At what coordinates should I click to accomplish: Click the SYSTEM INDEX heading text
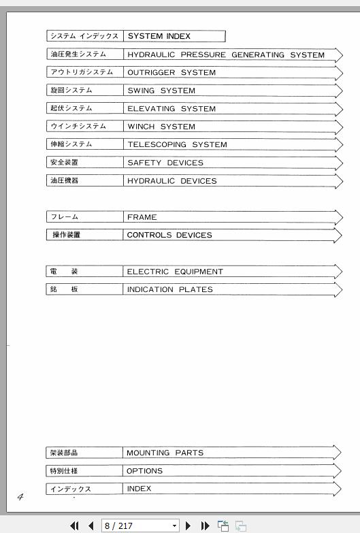tap(159, 36)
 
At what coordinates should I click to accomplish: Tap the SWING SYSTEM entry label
tap(161, 91)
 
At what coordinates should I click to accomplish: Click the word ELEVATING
tap(151, 108)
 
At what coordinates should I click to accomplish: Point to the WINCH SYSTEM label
tap(161, 127)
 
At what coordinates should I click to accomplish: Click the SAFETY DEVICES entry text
tap(165, 163)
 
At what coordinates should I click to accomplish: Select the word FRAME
tap(142, 217)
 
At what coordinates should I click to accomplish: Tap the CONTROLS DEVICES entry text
tap(169, 235)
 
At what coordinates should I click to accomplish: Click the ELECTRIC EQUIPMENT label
tap(175, 272)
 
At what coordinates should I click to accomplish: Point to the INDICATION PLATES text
tap(169, 289)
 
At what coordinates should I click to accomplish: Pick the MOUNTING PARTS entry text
tap(165, 453)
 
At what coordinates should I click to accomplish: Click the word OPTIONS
tap(144, 470)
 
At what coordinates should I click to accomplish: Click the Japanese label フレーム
tap(64, 217)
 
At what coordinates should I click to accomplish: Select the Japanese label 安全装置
tap(64, 163)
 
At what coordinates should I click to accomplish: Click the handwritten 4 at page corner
tap(20, 497)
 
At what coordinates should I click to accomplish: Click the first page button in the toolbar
tap(75, 526)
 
